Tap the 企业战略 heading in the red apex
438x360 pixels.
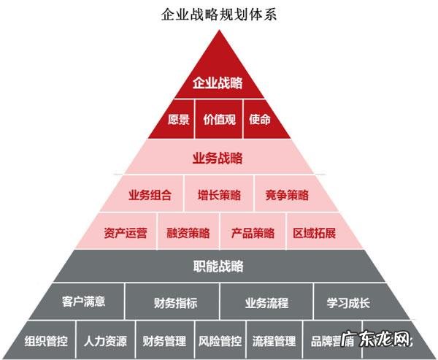[218, 83]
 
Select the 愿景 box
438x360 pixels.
[178, 119]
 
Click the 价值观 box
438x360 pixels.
[219, 119]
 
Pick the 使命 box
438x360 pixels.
[259, 119]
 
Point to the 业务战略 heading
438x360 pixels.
[218, 158]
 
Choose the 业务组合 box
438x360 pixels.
[150, 195]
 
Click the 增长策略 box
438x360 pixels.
[218, 195]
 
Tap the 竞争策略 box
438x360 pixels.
[287, 195]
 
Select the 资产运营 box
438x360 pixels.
[126, 234]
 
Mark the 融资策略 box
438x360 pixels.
[188, 234]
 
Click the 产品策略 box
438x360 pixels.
[253, 234]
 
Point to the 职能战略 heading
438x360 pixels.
[218, 266]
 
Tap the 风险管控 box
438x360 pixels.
[220, 341]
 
